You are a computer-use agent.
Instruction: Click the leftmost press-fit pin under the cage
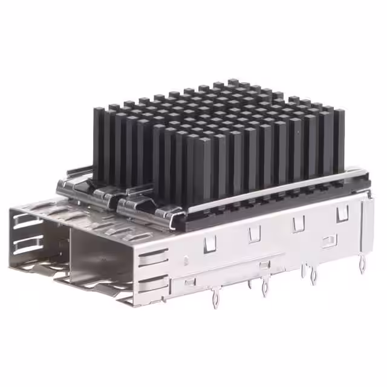point(214,298)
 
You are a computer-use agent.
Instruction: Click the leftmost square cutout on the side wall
point(210,243)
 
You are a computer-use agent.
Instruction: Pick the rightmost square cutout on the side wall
point(342,212)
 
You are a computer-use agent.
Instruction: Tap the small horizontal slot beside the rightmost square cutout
point(328,242)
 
